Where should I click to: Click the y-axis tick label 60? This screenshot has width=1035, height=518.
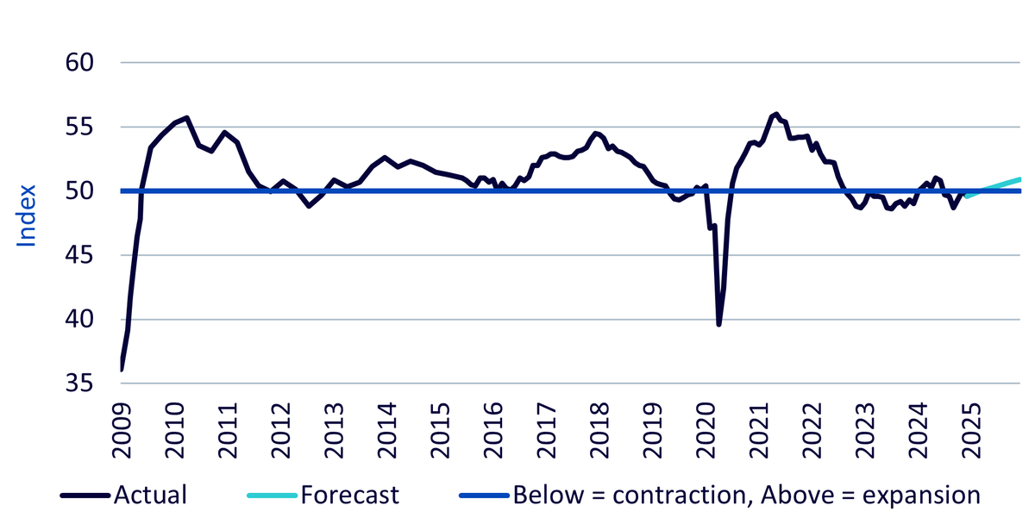(79, 62)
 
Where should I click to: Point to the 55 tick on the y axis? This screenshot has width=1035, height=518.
(79, 127)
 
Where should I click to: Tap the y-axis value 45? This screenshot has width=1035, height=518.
(79, 255)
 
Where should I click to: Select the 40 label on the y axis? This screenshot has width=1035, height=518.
(79, 319)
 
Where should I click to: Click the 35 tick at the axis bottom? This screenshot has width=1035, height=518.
(79, 384)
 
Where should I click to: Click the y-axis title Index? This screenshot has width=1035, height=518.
(26, 215)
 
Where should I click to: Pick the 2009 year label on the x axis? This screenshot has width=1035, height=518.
(122, 430)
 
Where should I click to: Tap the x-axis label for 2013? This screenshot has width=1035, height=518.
(334, 430)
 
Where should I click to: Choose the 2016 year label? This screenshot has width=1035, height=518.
(493, 430)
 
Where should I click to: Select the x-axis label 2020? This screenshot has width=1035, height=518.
(706, 430)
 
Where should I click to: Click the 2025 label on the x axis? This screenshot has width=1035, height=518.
(971, 430)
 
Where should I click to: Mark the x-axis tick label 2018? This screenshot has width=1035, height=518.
(599, 430)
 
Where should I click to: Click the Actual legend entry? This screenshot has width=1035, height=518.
(150, 495)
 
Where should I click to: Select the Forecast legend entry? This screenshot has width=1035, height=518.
(350, 495)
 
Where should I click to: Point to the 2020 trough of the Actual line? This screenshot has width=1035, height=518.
(719, 325)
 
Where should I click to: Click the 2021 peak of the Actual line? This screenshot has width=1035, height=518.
(776, 114)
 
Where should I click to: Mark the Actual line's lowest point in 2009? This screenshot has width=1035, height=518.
(122, 370)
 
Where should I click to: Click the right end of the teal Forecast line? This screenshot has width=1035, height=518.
(1019, 179)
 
